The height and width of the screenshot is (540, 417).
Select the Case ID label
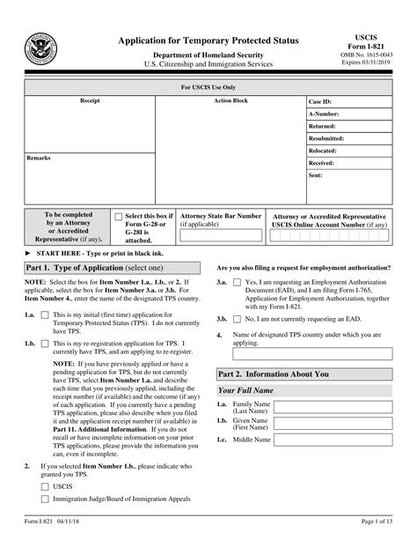[x=319, y=101]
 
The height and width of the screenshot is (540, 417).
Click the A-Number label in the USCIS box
[x=323, y=114]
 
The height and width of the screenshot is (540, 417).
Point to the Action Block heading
[x=231, y=101]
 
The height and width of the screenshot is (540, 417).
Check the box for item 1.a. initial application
[x=45, y=314]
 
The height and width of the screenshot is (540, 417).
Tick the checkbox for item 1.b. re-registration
[x=45, y=342]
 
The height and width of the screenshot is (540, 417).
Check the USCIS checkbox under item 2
[x=45, y=485]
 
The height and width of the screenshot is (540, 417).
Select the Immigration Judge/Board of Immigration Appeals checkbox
[x=45, y=499]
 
